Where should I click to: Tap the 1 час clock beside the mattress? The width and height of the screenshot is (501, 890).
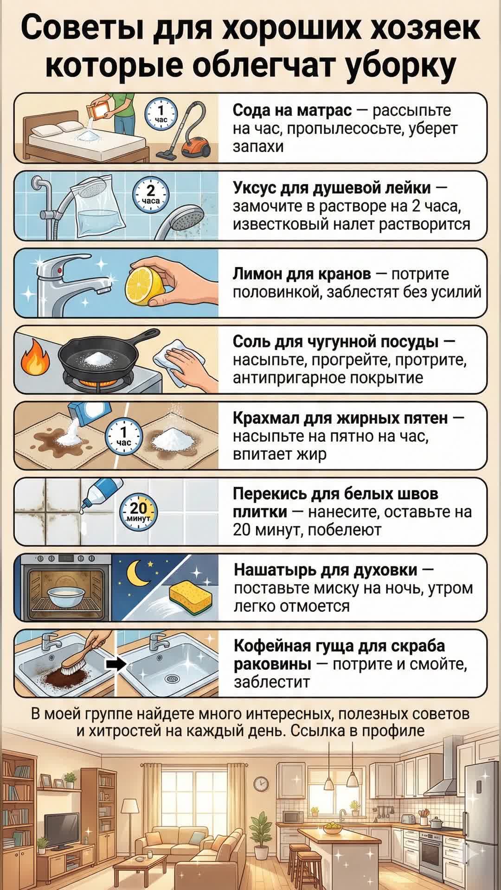[x=161, y=114]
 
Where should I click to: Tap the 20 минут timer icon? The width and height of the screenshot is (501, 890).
[x=138, y=512]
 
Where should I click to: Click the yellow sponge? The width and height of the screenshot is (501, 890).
[x=190, y=597]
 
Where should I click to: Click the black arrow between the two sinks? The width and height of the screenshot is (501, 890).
[x=116, y=664]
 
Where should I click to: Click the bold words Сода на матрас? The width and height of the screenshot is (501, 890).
[x=292, y=110]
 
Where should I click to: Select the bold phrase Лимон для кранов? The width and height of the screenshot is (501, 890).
[x=302, y=274]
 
